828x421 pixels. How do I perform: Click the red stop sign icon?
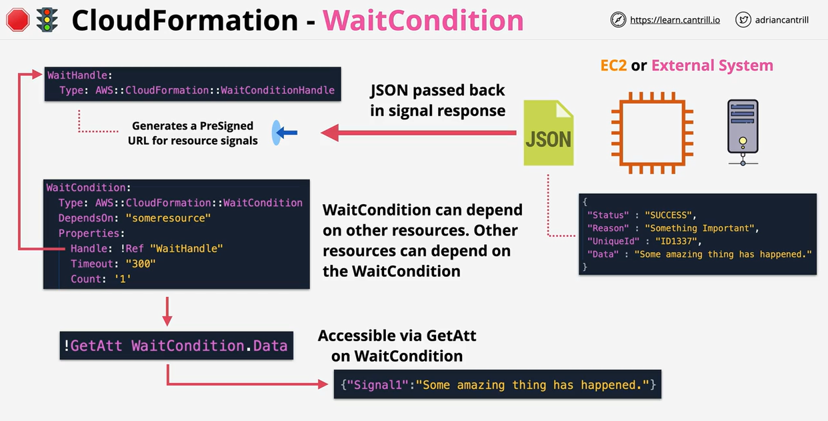pyautogui.click(x=18, y=20)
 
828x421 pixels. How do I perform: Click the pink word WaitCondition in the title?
pyautogui.click(x=423, y=20)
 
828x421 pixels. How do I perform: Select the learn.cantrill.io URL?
pyautogui.click(x=675, y=20)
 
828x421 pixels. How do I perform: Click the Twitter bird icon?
pyautogui.click(x=743, y=20)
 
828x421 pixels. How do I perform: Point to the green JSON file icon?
pyautogui.click(x=548, y=133)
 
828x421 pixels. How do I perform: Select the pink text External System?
pyautogui.click(x=712, y=65)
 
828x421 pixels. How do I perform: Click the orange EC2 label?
pyautogui.click(x=613, y=65)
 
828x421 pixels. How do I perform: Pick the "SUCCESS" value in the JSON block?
pyautogui.click(x=669, y=215)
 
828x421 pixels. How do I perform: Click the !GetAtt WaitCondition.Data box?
pyautogui.click(x=176, y=346)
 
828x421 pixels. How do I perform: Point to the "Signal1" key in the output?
pyautogui.click(x=373, y=385)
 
